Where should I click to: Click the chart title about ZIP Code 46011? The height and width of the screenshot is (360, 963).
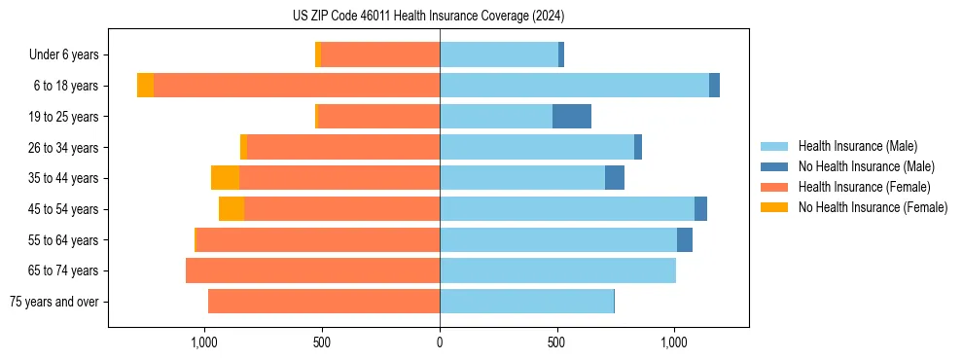(x=428, y=17)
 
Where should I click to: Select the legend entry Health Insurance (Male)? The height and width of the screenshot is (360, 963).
(x=857, y=146)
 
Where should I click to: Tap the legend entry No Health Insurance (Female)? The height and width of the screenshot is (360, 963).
(x=873, y=207)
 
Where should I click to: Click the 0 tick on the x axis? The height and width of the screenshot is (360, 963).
(x=440, y=342)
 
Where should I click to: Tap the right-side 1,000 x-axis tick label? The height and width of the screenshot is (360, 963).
(x=674, y=342)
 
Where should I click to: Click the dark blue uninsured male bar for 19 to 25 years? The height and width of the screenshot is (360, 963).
(x=572, y=117)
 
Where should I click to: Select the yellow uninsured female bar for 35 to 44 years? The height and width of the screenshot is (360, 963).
(x=225, y=178)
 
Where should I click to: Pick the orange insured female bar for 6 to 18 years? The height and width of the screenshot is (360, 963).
(x=297, y=86)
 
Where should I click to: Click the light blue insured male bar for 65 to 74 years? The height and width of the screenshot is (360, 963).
(x=557, y=270)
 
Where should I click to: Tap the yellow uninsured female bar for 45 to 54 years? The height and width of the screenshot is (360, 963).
(x=232, y=209)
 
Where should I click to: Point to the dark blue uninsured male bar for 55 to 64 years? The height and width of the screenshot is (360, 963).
(x=685, y=239)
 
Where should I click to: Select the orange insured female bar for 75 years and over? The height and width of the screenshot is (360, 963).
(x=324, y=302)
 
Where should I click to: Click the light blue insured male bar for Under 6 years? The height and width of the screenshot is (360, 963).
(x=499, y=55)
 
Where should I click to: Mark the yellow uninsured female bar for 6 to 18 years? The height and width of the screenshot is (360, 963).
(x=145, y=86)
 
